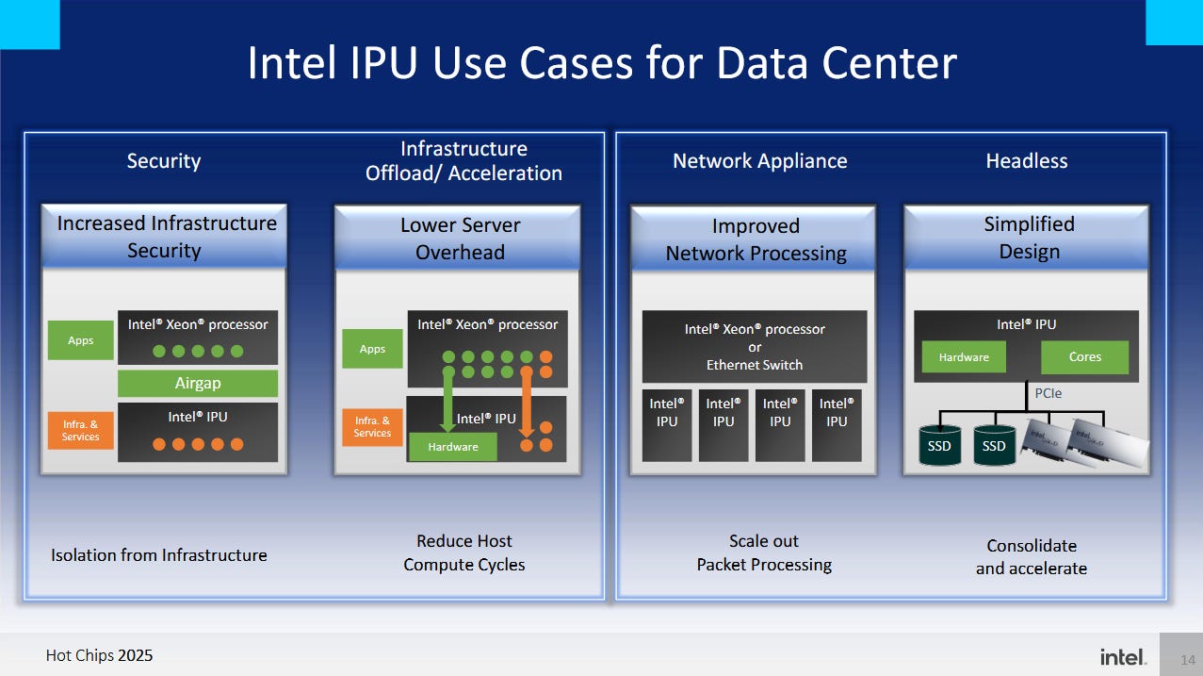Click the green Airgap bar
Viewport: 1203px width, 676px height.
click(x=197, y=384)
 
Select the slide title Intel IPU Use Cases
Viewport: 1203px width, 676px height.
click(x=601, y=64)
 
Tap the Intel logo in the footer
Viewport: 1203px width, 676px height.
click(x=1123, y=656)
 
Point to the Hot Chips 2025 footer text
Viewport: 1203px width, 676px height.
click(x=99, y=655)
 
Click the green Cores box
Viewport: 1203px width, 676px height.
click(x=1084, y=357)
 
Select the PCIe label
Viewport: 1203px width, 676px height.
click(x=1048, y=393)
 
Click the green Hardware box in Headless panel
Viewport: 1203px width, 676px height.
click(x=964, y=357)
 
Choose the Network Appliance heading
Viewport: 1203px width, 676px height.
click(x=759, y=161)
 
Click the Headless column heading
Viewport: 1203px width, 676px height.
click(x=1026, y=161)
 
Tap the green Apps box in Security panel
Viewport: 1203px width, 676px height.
click(x=81, y=340)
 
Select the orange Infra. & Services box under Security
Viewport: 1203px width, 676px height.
click(x=81, y=431)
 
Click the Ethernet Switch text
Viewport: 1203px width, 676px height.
click(x=755, y=365)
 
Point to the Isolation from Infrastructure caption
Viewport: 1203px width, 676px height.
click(x=158, y=555)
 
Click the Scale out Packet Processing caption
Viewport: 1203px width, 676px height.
click(x=764, y=552)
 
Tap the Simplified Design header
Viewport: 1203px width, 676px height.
click(x=1029, y=238)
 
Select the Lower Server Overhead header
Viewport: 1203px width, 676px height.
click(x=460, y=239)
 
